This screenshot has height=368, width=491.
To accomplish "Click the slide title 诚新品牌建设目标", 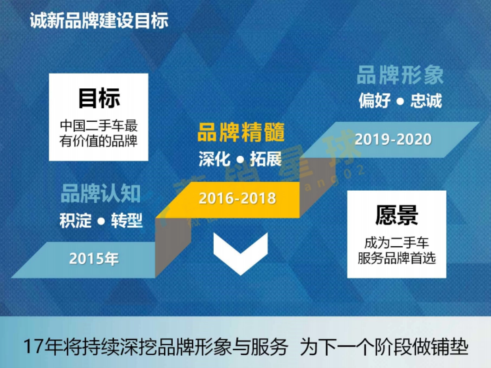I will [x=99, y=21].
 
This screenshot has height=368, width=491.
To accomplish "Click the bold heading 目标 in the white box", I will [x=99, y=99].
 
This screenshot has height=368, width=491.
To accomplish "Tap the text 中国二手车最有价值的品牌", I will [x=99, y=133].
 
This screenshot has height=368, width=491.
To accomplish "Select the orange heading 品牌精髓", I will [x=241, y=133].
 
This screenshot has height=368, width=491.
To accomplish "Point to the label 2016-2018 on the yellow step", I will [x=237, y=199].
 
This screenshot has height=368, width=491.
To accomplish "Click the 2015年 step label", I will [x=94, y=259].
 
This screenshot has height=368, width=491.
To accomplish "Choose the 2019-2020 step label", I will [x=393, y=139].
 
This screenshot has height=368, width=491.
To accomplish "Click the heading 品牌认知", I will [x=101, y=194].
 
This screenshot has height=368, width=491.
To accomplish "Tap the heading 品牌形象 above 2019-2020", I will [x=400, y=75].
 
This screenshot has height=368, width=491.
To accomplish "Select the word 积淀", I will [x=75, y=221].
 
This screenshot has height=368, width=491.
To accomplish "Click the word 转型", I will [x=127, y=221].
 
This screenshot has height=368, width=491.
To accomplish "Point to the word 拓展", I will [x=266, y=159].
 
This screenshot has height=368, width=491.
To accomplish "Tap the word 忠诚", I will [x=426, y=101].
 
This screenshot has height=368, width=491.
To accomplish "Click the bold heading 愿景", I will [x=396, y=215].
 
